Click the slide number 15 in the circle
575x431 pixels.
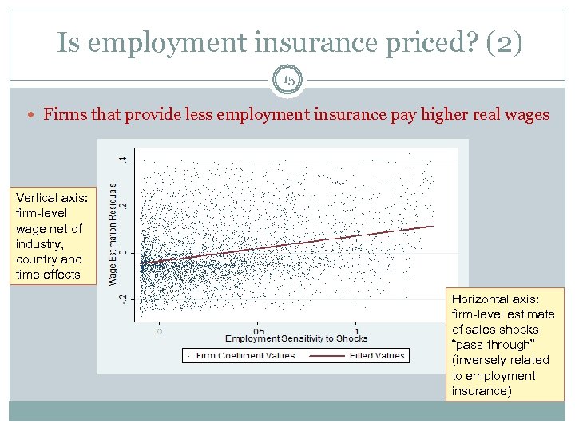click(x=287, y=81)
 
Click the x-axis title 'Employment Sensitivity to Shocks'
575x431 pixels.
click(x=296, y=338)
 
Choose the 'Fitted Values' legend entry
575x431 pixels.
click(x=377, y=355)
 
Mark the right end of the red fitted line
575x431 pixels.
click(x=433, y=226)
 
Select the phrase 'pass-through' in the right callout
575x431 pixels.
click(x=491, y=345)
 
